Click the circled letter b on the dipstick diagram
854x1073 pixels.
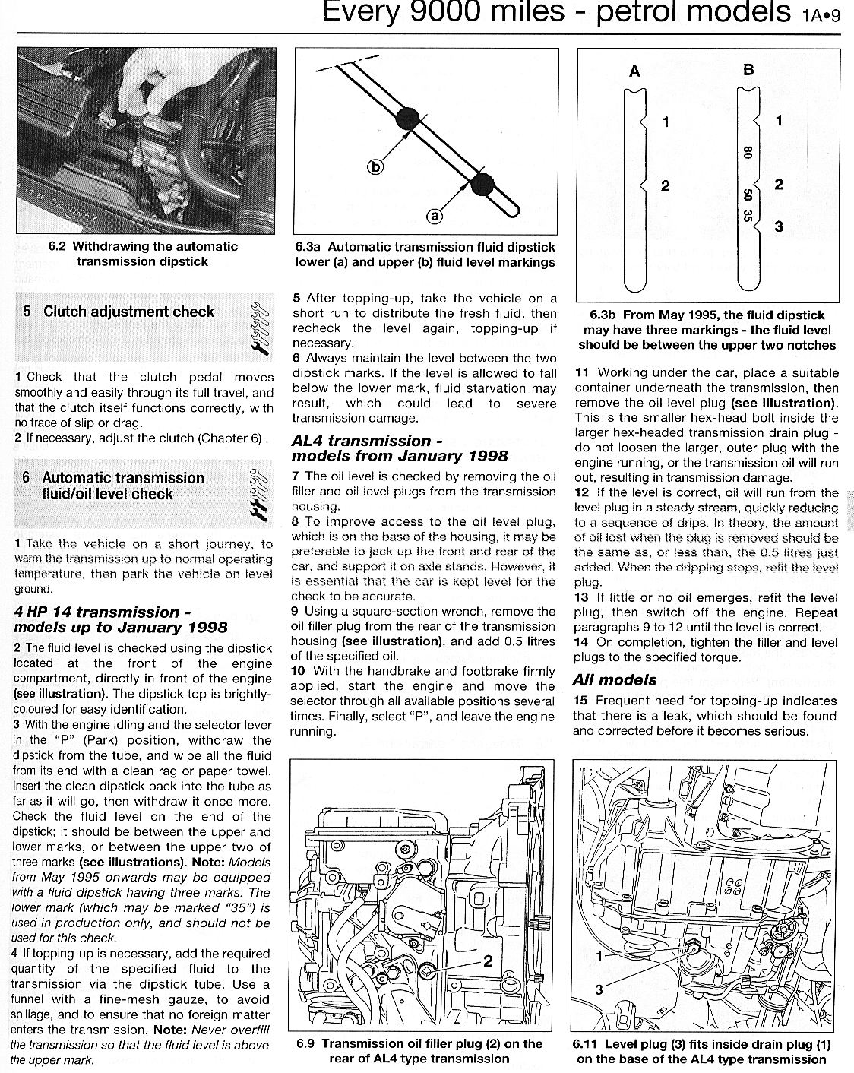(377, 167)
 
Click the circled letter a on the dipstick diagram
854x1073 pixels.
(435, 217)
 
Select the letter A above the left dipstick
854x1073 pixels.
(635, 72)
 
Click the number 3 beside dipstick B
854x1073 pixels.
(779, 226)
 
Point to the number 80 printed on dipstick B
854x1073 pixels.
(748, 153)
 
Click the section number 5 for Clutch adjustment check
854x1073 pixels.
(27, 312)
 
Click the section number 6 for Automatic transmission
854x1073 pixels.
(27, 478)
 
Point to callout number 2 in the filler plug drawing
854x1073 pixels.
(489, 961)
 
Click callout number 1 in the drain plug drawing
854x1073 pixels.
(599, 956)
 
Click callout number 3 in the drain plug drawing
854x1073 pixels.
(599, 989)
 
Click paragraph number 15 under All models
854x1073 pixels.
(581, 701)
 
